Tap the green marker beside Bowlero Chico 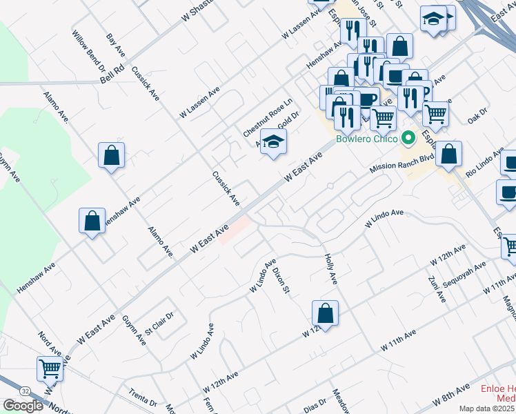pos(408,139)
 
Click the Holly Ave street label pos(330,268)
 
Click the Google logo pos(23,406)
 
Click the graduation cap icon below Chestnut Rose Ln pos(274,142)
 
